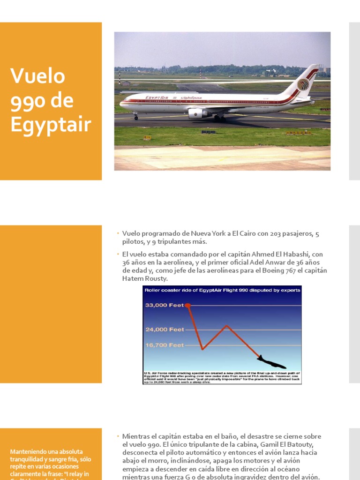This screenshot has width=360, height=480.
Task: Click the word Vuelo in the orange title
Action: coord(37,76)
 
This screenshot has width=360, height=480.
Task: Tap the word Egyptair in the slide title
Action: coord(51,125)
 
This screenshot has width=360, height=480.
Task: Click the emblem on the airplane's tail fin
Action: coord(303,85)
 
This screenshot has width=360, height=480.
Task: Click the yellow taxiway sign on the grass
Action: coord(147,137)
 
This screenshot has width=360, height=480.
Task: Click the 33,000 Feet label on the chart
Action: coord(164,305)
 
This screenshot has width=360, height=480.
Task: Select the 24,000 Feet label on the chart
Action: coord(165,330)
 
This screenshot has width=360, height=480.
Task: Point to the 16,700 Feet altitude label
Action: coord(165,345)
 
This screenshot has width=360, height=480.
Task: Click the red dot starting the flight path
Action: coord(188,305)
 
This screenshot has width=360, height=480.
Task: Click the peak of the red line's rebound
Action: coord(227,325)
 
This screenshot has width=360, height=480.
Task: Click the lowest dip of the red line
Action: coord(202,349)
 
